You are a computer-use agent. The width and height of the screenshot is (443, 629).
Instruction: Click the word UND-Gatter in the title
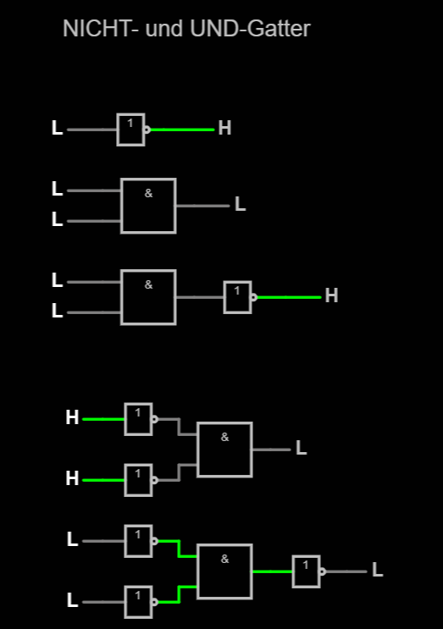[250, 29]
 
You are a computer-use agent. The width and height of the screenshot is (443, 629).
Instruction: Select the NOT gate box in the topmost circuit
[130, 130]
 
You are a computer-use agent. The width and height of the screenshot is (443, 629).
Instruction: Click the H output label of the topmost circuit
[224, 129]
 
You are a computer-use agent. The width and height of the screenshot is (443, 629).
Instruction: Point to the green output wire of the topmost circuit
[182, 130]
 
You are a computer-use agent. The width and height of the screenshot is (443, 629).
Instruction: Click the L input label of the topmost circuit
[57, 128]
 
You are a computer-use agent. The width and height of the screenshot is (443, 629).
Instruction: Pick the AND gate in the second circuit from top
[148, 206]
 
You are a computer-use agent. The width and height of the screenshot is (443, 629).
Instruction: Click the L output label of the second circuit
[240, 204]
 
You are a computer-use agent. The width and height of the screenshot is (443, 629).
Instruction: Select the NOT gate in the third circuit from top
[237, 297]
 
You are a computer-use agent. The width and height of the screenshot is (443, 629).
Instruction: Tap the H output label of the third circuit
[331, 295]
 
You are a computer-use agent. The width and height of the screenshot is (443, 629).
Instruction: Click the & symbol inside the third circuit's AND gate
[148, 284]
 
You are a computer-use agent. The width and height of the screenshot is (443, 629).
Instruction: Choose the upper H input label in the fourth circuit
[72, 417]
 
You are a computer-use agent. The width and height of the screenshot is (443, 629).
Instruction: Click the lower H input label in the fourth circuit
[72, 478]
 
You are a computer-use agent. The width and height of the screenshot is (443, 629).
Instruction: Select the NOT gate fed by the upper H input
[138, 419]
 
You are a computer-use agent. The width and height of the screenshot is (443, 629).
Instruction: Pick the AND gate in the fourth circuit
[224, 450]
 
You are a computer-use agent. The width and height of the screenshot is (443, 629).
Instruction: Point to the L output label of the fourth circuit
[302, 448]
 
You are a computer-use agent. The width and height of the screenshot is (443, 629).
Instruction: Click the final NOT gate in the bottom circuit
[306, 571]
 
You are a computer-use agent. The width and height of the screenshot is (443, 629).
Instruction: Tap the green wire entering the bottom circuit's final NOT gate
[273, 571]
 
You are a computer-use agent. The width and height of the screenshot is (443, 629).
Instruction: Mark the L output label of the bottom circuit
[378, 570]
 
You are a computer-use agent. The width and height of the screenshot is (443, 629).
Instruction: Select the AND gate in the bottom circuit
[224, 571]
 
